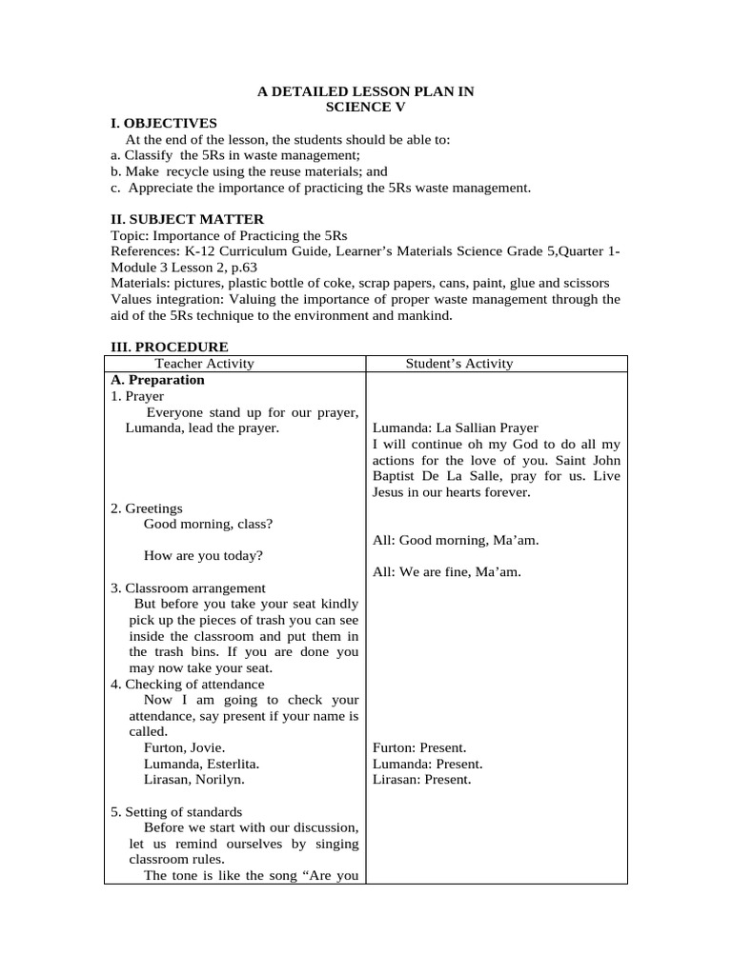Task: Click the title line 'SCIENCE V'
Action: (366, 108)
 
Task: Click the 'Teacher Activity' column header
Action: (205, 364)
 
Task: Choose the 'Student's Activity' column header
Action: (459, 364)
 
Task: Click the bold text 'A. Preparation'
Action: (157, 380)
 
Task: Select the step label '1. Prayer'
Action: (137, 396)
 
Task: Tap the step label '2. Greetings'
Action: (147, 508)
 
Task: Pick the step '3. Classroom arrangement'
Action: (188, 588)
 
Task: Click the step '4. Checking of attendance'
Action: (188, 685)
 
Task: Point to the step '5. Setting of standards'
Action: (176, 812)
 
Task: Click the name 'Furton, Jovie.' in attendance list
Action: (185, 748)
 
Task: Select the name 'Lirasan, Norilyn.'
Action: (194, 780)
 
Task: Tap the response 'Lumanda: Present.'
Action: (427, 765)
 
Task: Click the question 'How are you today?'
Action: (204, 556)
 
